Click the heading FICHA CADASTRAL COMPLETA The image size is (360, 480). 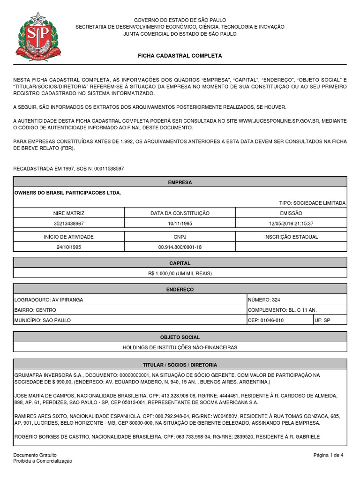point(180,55)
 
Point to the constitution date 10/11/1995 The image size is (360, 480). point(180,224)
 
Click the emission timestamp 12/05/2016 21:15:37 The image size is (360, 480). point(291,224)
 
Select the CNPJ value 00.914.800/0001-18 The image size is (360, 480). point(180,247)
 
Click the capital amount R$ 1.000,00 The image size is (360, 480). point(180,273)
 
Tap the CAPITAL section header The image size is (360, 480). point(180,263)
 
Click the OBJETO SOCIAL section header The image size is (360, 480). point(180,337)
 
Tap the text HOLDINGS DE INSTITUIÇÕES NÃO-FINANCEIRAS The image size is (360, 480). point(180,347)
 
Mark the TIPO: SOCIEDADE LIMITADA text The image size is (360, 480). point(312,203)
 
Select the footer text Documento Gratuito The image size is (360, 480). point(35,455)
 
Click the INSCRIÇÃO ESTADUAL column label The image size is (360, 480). point(291,237)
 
